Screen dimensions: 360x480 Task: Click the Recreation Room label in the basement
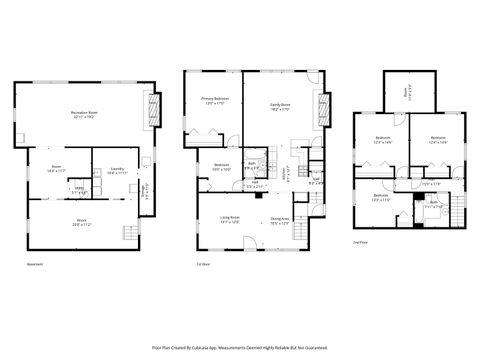tap(84, 115)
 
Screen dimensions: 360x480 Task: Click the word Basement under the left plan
tap(35, 264)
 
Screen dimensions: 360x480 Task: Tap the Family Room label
tap(279, 105)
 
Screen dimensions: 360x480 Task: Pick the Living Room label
tap(229, 219)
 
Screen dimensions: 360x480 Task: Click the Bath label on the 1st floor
tap(253, 165)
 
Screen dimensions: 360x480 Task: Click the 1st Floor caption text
tap(203, 264)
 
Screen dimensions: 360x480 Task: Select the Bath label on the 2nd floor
tap(434, 204)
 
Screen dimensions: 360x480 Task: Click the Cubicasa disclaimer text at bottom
tap(239, 346)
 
